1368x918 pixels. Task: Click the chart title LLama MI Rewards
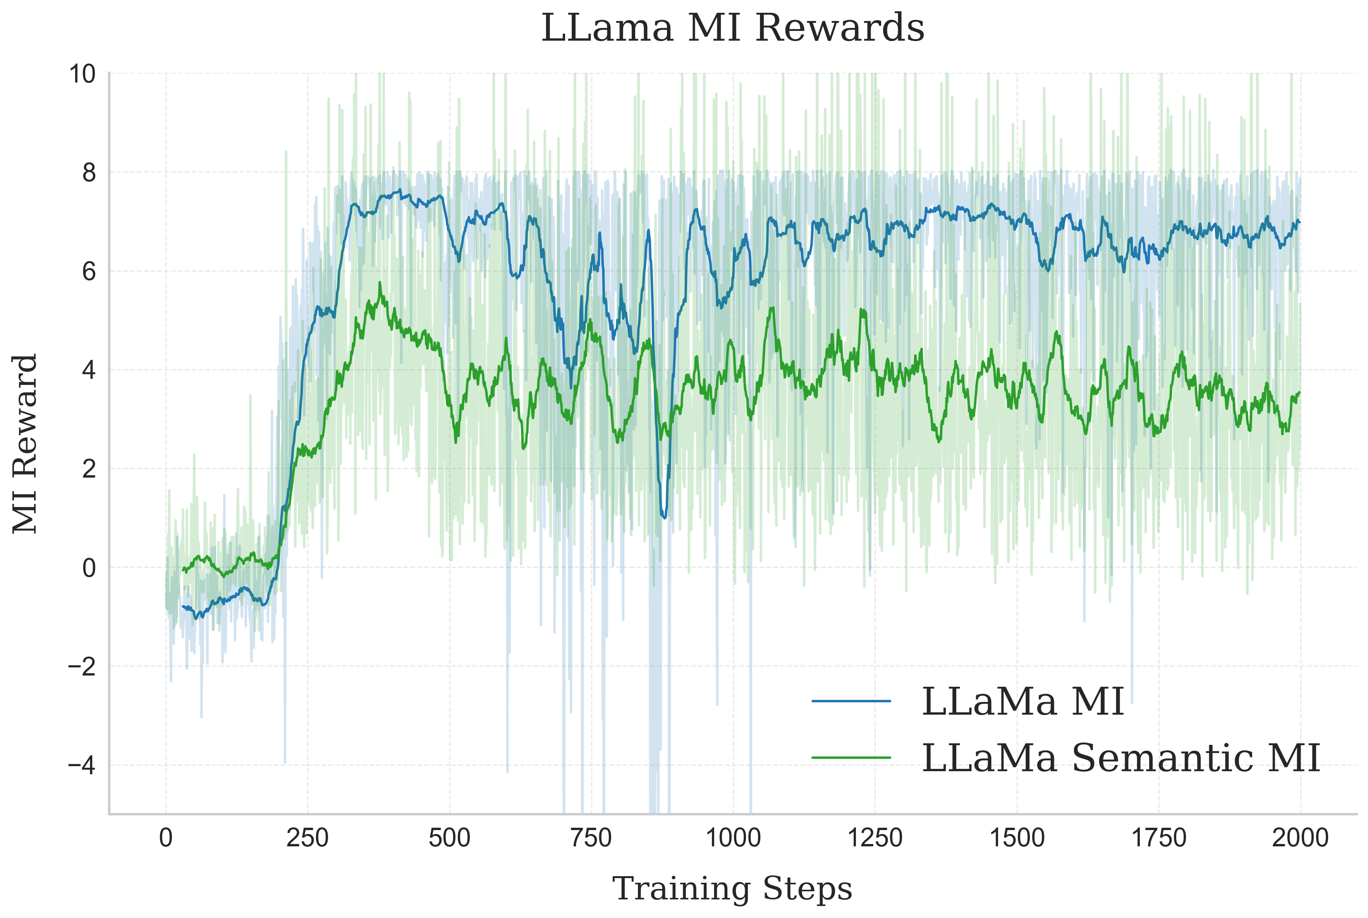[732, 28]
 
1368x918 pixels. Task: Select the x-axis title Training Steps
[732, 889]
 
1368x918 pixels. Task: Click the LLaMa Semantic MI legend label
[1121, 758]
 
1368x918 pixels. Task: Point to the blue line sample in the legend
[851, 701]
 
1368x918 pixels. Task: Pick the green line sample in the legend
[851, 758]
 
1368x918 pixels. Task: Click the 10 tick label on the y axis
[82, 74]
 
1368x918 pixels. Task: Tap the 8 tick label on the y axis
[89, 173]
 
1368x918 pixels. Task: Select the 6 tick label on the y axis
[89, 272]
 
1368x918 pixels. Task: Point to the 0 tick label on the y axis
[89, 568]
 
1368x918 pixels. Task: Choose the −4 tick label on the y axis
[82, 766]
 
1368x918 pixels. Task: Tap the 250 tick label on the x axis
[307, 838]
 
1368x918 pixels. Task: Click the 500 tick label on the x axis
[449, 838]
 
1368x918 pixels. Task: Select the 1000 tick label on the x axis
[733, 838]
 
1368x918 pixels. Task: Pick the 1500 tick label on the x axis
[1017, 838]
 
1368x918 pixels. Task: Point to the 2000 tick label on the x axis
[1300, 838]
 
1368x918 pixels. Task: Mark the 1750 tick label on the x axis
[1158, 838]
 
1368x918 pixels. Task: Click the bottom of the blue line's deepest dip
[664, 517]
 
